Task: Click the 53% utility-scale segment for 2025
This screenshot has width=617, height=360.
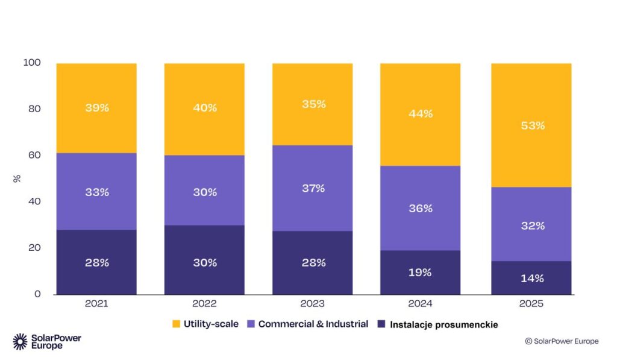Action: click(x=531, y=125)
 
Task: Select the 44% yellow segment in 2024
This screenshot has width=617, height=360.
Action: click(x=420, y=114)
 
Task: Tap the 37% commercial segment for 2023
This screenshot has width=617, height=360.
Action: click(x=312, y=188)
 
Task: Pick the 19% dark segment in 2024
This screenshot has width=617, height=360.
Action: click(x=420, y=272)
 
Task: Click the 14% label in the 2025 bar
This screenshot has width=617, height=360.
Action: click(x=532, y=278)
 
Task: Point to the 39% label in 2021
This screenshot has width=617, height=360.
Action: click(x=96, y=108)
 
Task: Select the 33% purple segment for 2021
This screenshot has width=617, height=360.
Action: click(x=96, y=192)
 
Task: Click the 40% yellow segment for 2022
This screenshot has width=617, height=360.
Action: click(x=204, y=109)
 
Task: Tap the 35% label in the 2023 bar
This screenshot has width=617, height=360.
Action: click(x=313, y=104)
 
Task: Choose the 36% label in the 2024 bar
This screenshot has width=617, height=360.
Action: click(x=421, y=208)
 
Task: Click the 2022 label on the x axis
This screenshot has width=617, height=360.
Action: click(x=204, y=304)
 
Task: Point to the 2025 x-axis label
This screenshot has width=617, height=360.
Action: click(x=531, y=304)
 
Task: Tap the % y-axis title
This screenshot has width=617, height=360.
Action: click(x=16, y=178)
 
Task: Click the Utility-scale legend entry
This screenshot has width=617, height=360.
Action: click(x=205, y=324)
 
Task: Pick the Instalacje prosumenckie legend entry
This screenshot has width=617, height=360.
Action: click(x=437, y=325)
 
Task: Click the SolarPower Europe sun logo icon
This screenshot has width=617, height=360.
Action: click(x=20, y=341)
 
